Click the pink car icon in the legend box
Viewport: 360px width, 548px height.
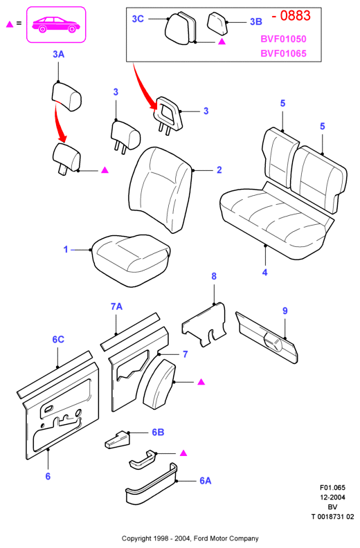pos(56,24)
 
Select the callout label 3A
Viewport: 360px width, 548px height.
pos(58,54)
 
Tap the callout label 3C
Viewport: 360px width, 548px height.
pos(138,19)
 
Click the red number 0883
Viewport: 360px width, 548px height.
pos(295,16)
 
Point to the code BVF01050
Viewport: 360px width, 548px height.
pos(283,39)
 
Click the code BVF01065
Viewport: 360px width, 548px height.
pos(283,53)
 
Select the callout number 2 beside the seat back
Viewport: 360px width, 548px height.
pos(219,170)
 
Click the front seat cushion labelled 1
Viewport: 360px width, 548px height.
pos(132,259)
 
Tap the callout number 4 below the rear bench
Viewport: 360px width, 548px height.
pos(265,272)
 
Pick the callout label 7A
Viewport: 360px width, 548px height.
pos(116,307)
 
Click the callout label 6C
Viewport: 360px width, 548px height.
pos(58,339)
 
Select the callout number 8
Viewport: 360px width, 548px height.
pos(214,277)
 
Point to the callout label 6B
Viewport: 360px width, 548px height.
pos(158,432)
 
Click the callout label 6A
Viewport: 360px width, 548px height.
pos(206,481)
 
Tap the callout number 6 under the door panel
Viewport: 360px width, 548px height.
pos(48,476)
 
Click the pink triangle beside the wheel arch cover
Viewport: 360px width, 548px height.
pos(201,382)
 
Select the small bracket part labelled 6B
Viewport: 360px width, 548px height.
pos(118,439)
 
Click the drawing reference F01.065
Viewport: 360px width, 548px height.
pos(332,488)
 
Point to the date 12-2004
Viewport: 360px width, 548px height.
pos(332,497)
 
